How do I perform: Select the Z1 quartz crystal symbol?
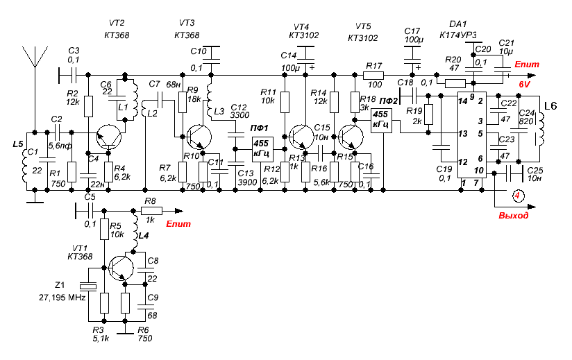88,286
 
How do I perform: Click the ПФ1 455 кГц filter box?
262,149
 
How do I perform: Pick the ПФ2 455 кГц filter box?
381,121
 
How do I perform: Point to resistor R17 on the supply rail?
373,76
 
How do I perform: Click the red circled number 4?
518,196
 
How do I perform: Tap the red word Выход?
513,215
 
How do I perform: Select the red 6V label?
524,85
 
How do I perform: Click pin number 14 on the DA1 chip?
462,101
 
